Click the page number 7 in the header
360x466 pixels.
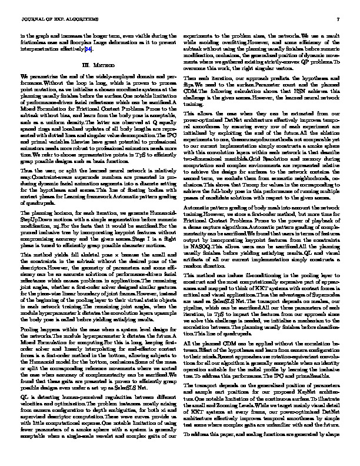point(339,22)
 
